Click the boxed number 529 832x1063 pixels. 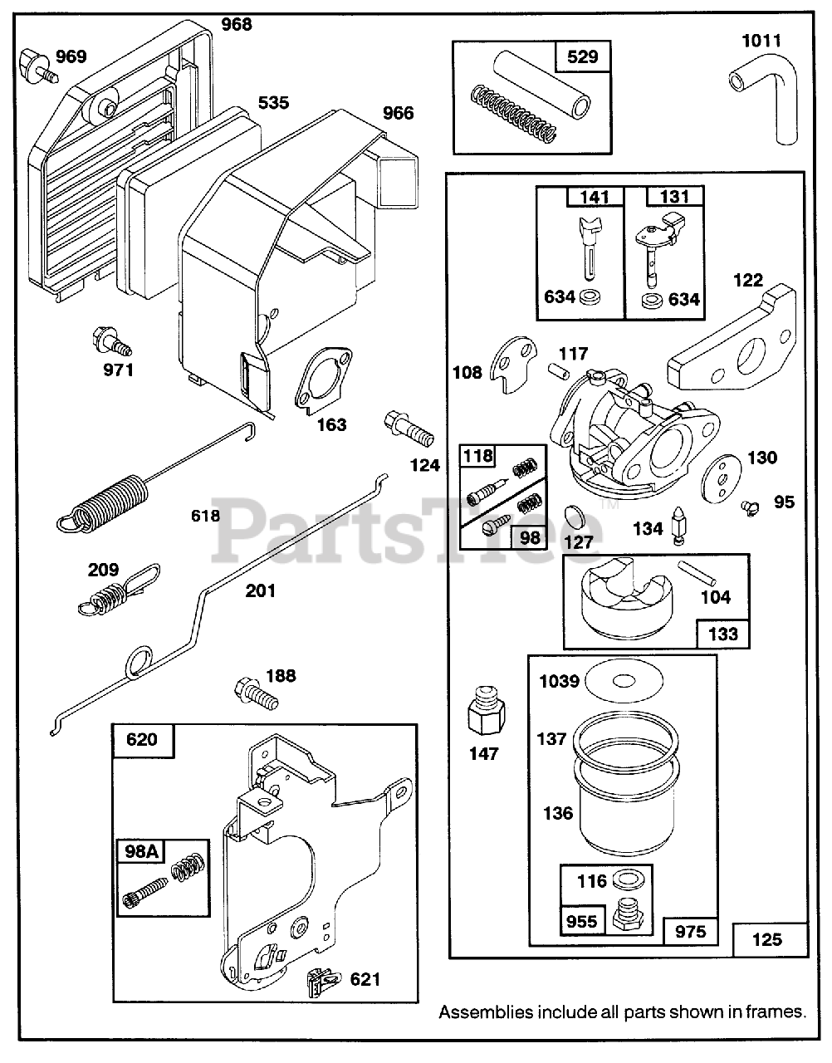tap(582, 57)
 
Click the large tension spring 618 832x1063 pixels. tap(103, 501)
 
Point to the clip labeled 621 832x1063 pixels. tap(322, 982)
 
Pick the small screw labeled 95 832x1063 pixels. tap(751, 503)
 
